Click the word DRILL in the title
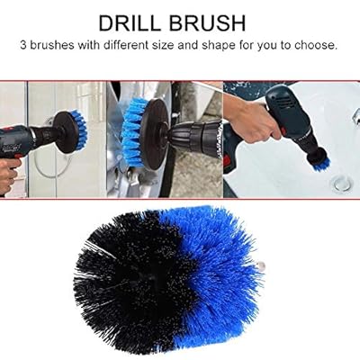(x=130, y=23)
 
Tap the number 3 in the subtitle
(x=23, y=46)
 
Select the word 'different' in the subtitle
(x=126, y=45)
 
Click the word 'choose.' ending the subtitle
(x=316, y=45)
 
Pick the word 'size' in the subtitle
(x=163, y=45)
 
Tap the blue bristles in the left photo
(x=80, y=130)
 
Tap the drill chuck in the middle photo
(x=195, y=136)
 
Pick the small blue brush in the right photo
(x=321, y=164)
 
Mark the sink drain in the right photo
(x=343, y=183)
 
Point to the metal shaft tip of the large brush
(x=261, y=265)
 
